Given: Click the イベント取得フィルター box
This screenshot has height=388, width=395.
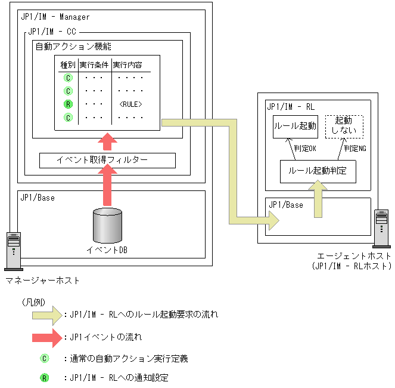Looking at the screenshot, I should (107, 160).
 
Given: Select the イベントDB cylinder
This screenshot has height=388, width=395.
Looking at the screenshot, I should (107, 226).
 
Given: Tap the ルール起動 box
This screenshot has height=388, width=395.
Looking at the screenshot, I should (295, 127).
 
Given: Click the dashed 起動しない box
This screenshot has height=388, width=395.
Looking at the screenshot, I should (343, 126).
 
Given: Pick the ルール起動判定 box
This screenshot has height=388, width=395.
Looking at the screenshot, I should (318, 171).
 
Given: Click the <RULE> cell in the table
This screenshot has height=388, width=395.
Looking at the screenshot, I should (130, 104).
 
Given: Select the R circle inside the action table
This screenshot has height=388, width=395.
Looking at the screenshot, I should (68, 104).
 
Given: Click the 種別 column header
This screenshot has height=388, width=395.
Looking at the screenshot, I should (68, 64).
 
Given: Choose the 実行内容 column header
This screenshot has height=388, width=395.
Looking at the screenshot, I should (127, 64).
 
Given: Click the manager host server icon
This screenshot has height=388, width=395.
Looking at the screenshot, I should (14, 248).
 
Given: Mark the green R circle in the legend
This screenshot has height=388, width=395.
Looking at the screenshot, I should (44, 377).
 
